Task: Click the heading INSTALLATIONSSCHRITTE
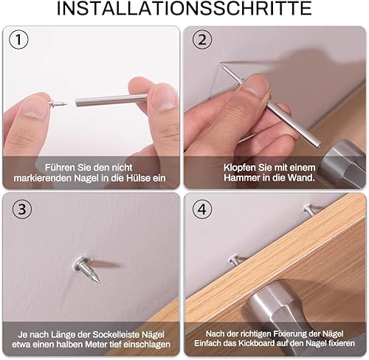[184, 9]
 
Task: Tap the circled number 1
[18, 39]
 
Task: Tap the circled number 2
[202, 39]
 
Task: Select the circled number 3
[22, 209]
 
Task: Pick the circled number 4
[202, 210]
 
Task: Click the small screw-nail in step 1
[58, 104]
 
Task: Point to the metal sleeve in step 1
[111, 100]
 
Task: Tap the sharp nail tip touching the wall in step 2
[221, 63]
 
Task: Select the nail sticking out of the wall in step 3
[87, 269]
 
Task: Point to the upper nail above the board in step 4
[311, 210]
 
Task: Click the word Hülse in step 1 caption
[139, 178]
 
